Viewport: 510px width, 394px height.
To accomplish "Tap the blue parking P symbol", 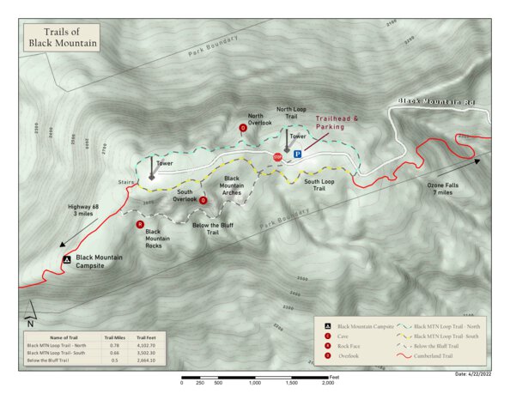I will tap(298, 155).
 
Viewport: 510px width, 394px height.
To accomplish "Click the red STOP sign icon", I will tap(277, 157).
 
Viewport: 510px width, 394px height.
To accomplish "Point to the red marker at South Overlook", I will tap(203, 200).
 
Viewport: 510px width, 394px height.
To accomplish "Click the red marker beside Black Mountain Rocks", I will tap(140, 225).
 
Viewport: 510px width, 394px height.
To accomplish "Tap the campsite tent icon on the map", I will tap(66, 259).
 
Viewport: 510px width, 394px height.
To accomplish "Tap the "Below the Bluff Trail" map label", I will tap(213, 228).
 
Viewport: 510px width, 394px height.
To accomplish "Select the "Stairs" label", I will tap(128, 183).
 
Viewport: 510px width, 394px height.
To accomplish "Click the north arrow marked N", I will tap(29, 316).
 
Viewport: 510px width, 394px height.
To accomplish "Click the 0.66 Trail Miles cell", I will tap(114, 353).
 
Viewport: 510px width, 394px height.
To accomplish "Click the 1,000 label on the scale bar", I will tap(255, 383).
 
